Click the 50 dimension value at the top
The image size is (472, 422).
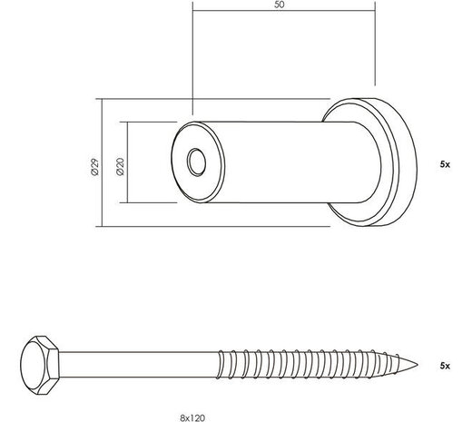[282, 5]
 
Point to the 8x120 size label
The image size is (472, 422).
[193, 413]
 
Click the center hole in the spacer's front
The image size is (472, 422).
[196, 163]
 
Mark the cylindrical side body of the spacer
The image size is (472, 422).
[272, 159]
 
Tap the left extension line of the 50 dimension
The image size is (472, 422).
[192, 54]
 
